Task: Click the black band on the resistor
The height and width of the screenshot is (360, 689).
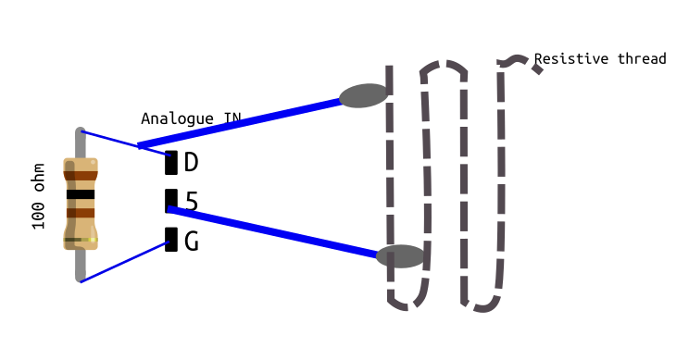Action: [81, 194]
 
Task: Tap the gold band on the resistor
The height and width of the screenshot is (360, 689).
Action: [81, 240]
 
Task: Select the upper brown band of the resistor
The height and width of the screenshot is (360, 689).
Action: [81, 175]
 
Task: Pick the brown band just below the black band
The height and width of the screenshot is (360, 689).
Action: [81, 213]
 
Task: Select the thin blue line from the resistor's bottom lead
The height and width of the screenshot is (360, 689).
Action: [125, 262]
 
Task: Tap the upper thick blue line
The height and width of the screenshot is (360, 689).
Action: [241, 121]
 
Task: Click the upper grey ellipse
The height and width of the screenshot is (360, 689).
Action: [363, 95]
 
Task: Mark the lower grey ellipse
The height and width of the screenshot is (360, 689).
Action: [400, 256]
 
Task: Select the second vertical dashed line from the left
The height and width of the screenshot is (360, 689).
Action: [426, 185]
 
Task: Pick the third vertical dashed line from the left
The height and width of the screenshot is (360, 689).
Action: [463, 185]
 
